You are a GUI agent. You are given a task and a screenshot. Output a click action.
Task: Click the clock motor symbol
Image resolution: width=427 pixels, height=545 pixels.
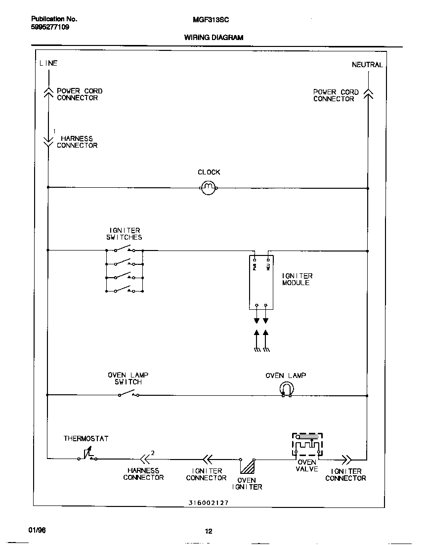point(209,187)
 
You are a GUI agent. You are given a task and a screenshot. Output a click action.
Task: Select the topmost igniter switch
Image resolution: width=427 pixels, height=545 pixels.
point(124,250)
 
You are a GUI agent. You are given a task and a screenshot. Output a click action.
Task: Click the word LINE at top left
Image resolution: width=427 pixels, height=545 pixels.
point(48,63)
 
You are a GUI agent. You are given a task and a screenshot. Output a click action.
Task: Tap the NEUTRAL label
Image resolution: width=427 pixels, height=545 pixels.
point(367,65)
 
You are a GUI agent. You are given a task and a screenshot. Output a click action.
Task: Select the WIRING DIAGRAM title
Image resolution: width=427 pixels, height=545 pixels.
point(213,38)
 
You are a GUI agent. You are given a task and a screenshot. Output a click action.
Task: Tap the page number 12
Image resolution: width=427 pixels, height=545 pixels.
point(209,531)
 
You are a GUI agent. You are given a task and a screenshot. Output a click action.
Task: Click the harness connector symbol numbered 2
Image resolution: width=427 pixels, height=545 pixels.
point(144,458)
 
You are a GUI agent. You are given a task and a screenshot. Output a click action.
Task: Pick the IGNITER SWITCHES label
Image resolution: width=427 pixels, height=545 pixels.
point(124,234)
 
